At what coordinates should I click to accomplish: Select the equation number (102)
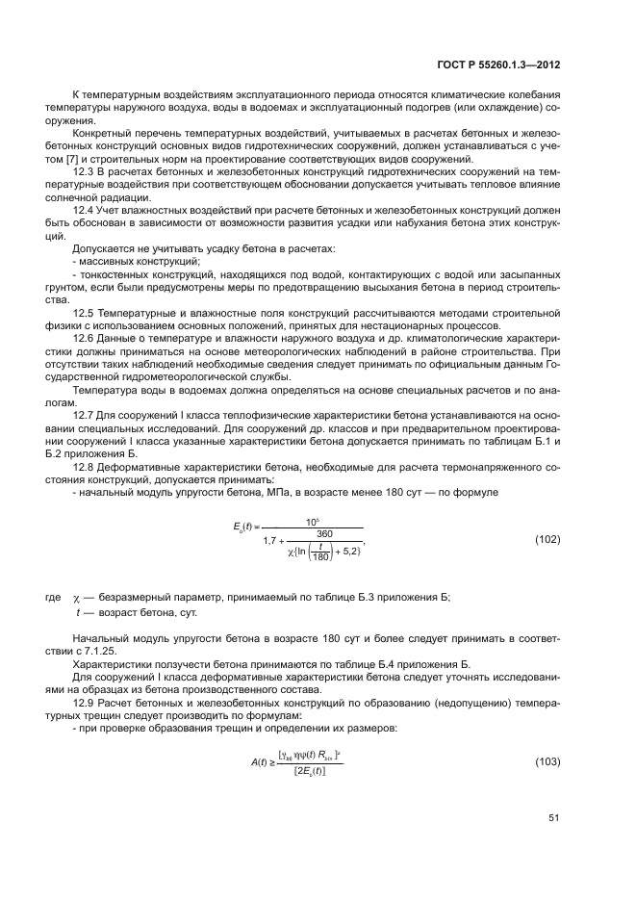pos(547,540)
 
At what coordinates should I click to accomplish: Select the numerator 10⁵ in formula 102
pos(312,522)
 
